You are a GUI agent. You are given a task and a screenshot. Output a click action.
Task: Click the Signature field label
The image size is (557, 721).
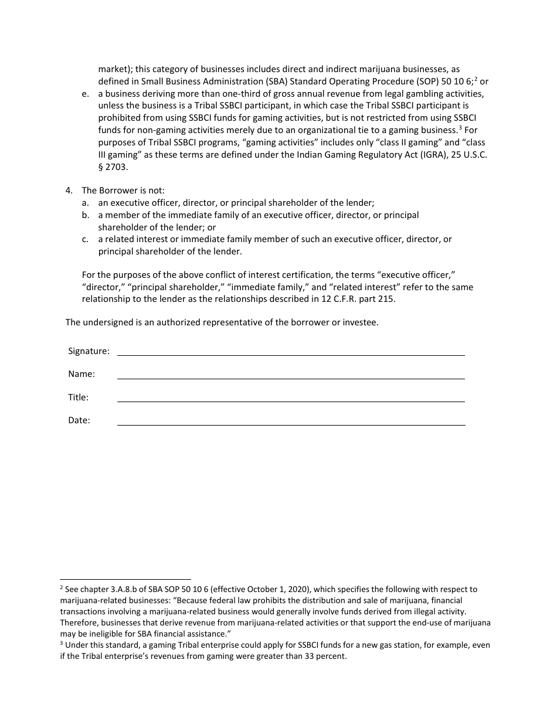[x=89, y=351]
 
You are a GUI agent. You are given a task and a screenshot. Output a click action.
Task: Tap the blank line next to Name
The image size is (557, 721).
[x=291, y=377]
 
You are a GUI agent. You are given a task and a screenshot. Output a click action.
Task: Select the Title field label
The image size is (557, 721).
[x=78, y=397]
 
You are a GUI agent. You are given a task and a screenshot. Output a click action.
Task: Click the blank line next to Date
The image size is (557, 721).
[x=291, y=424]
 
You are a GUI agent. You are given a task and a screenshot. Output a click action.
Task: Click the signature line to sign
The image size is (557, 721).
[x=291, y=355]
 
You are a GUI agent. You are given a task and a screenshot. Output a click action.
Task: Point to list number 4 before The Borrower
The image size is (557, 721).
[x=69, y=191]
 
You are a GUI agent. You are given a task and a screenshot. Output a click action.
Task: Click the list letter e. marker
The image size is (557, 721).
[x=86, y=94]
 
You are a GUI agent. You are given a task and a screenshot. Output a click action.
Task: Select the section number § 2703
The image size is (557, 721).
[x=113, y=167]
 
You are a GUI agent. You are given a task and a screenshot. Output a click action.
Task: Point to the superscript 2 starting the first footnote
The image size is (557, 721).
[x=62, y=587]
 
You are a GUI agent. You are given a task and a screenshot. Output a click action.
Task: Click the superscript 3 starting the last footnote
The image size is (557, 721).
[x=62, y=643]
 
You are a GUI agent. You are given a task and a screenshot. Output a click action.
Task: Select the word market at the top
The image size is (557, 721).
[x=113, y=69]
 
